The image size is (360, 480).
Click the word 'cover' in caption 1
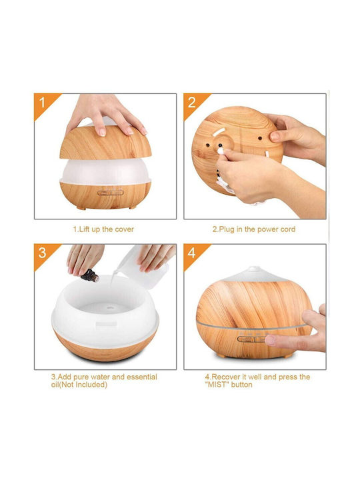click(x=124, y=229)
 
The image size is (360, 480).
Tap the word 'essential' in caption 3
click(x=142, y=377)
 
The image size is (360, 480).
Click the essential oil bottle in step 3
click(x=90, y=275)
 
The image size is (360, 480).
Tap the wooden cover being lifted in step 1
click(x=105, y=143)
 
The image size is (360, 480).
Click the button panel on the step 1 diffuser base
click(x=111, y=193)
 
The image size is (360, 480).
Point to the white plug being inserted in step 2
click(x=221, y=150)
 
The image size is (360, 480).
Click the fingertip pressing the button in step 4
click(x=270, y=340)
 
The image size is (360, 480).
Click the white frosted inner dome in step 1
click(x=105, y=171)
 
